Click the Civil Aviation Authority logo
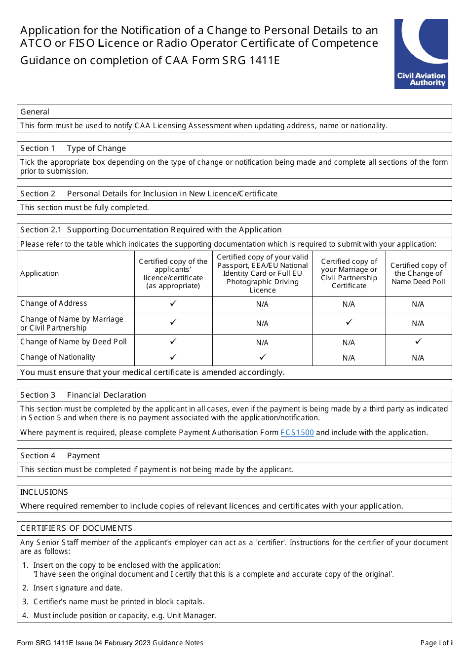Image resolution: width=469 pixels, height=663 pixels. [421, 54]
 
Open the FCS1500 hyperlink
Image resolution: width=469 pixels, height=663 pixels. [297, 433]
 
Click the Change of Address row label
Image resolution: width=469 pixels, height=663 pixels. [54, 303]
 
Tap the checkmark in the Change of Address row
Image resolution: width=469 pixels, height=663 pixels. [173, 303]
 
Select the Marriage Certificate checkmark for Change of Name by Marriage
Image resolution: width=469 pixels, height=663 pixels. [349, 322]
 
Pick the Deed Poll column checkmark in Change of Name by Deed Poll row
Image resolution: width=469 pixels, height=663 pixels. [418, 341]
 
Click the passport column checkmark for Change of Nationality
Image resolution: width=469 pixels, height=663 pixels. [263, 357]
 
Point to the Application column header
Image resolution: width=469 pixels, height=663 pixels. [39, 273]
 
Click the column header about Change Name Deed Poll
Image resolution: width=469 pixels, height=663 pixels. [418, 273]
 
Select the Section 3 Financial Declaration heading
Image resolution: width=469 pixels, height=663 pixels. [83, 395]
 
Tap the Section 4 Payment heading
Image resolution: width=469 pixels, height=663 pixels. [60, 456]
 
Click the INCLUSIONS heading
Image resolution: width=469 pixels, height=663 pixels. [44, 492]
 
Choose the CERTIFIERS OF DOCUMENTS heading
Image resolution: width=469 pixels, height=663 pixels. [76, 528]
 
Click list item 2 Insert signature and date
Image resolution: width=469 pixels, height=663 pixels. [78, 588]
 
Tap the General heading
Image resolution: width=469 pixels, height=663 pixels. [35, 112]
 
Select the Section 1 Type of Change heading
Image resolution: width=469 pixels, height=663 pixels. [73, 148]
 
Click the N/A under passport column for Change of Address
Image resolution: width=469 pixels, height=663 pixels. [262, 304]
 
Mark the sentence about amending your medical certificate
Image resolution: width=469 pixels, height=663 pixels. [152, 372]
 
